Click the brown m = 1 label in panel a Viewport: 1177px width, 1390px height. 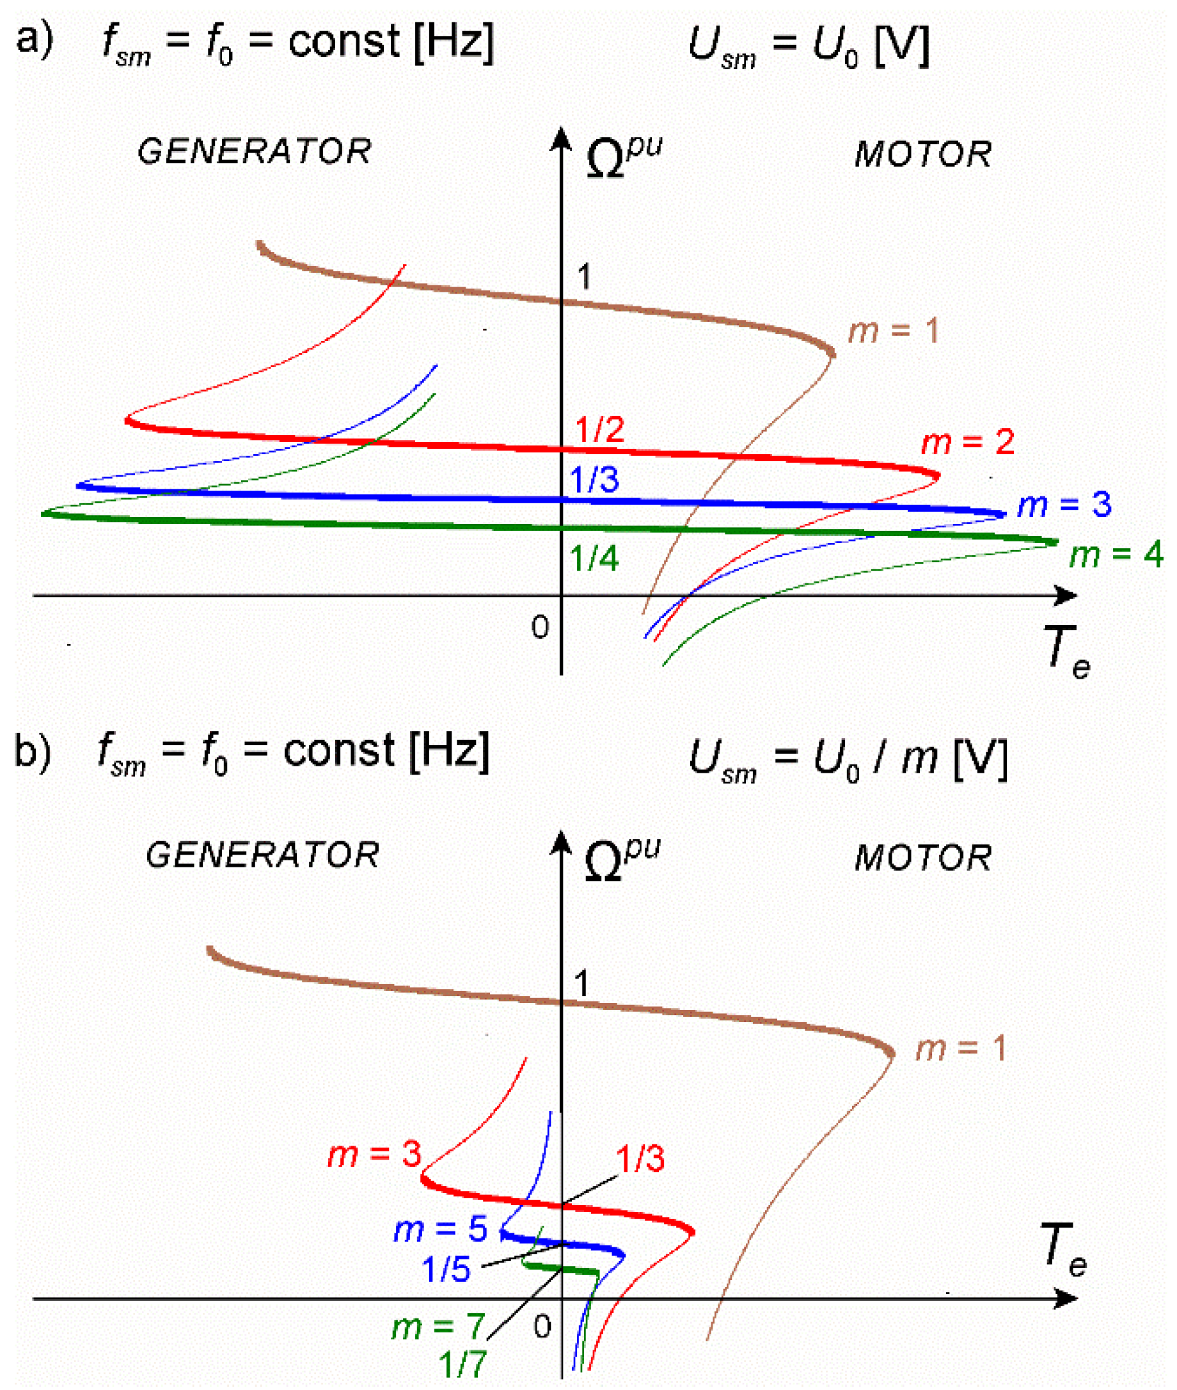click(894, 331)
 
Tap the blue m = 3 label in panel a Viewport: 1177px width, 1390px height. click(1064, 505)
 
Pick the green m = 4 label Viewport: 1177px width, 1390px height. click(1116, 555)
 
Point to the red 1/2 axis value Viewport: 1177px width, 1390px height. click(599, 430)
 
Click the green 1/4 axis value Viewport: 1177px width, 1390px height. click(594, 558)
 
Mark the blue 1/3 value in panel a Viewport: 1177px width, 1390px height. click(594, 480)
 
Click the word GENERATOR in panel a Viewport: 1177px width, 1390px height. click(254, 152)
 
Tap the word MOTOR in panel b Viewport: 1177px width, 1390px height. click(923, 858)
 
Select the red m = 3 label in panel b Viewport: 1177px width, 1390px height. click(374, 1155)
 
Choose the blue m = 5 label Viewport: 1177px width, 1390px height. click(440, 1229)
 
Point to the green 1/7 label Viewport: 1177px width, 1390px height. click(462, 1364)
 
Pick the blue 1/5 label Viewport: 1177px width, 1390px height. click(446, 1268)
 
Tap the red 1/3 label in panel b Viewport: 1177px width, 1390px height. click(640, 1158)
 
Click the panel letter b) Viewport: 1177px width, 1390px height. click(32, 752)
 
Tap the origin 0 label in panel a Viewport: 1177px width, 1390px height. click(541, 628)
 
